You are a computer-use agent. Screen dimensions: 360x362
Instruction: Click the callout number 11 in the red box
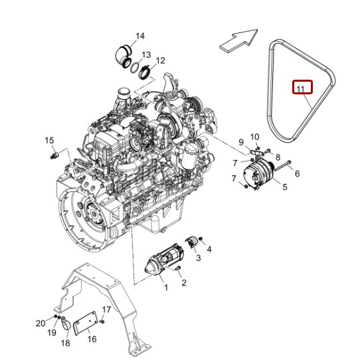300,89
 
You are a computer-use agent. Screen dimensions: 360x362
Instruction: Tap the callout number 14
140,37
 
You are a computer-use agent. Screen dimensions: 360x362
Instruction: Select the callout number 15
49,140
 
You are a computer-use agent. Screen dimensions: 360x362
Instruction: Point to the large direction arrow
238,41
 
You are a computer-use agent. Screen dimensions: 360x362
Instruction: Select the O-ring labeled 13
135,68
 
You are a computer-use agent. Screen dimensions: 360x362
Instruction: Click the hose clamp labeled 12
145,72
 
